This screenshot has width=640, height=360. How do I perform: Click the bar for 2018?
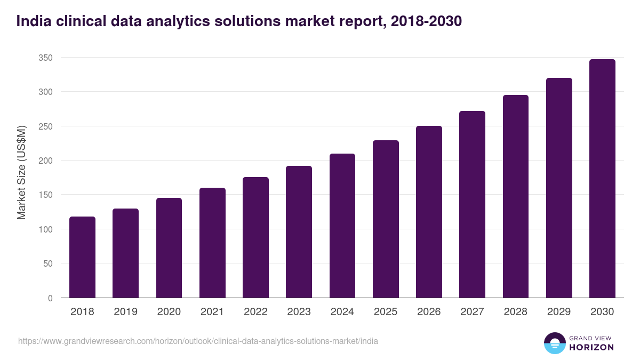point(82,257)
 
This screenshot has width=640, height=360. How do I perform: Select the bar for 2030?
point(602,179)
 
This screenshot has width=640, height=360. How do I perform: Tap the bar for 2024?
point(342,226)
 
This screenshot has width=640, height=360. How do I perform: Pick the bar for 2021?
point(212,243)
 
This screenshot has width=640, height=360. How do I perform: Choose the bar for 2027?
point(472,204)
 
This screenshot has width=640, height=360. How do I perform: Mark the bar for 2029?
point(559,188)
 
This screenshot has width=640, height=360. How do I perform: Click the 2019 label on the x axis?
point(125,312)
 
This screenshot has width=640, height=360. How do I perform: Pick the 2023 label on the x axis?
point(299,312)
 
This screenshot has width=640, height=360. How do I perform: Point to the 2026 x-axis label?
point(429,312)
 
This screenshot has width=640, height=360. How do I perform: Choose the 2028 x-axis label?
point(516,312)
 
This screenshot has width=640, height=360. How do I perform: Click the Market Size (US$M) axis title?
point(21,172)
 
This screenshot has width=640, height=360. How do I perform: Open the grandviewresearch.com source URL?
point(198,341)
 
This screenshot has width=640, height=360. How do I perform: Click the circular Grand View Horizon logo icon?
point(555,343)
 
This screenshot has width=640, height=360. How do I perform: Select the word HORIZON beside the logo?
point(591,347)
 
